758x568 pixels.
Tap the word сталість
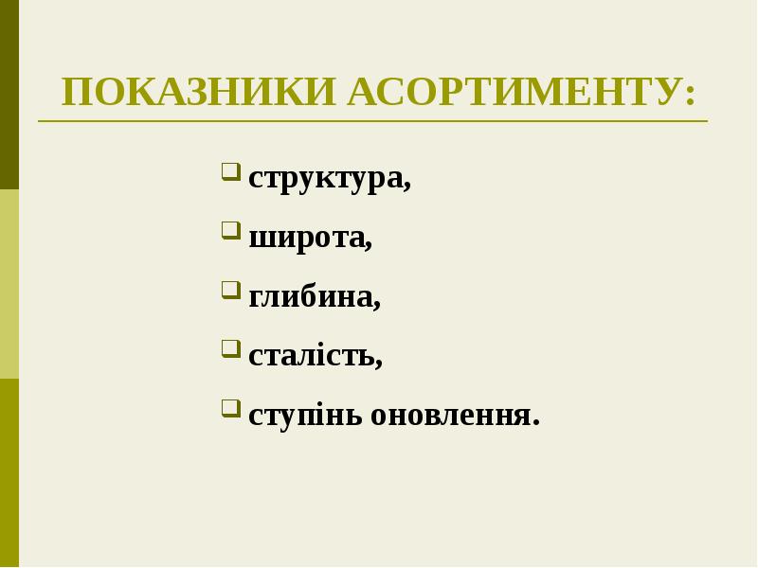[x=312, y=356]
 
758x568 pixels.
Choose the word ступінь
[x=305, y=416]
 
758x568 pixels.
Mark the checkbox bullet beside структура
[x=230, y=171]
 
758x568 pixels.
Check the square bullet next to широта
[x=230, y=230]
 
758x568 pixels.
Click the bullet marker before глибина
[x=230, y=290]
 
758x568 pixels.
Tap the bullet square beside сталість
[x=230, y=348]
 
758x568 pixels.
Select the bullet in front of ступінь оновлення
[x=230, y=408]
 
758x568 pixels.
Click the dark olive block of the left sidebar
[x=9, y=95]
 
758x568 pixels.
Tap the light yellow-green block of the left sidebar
[x=9, y=284]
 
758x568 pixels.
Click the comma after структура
[x=407, y=186]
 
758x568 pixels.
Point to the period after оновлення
[x=535, y=423]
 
